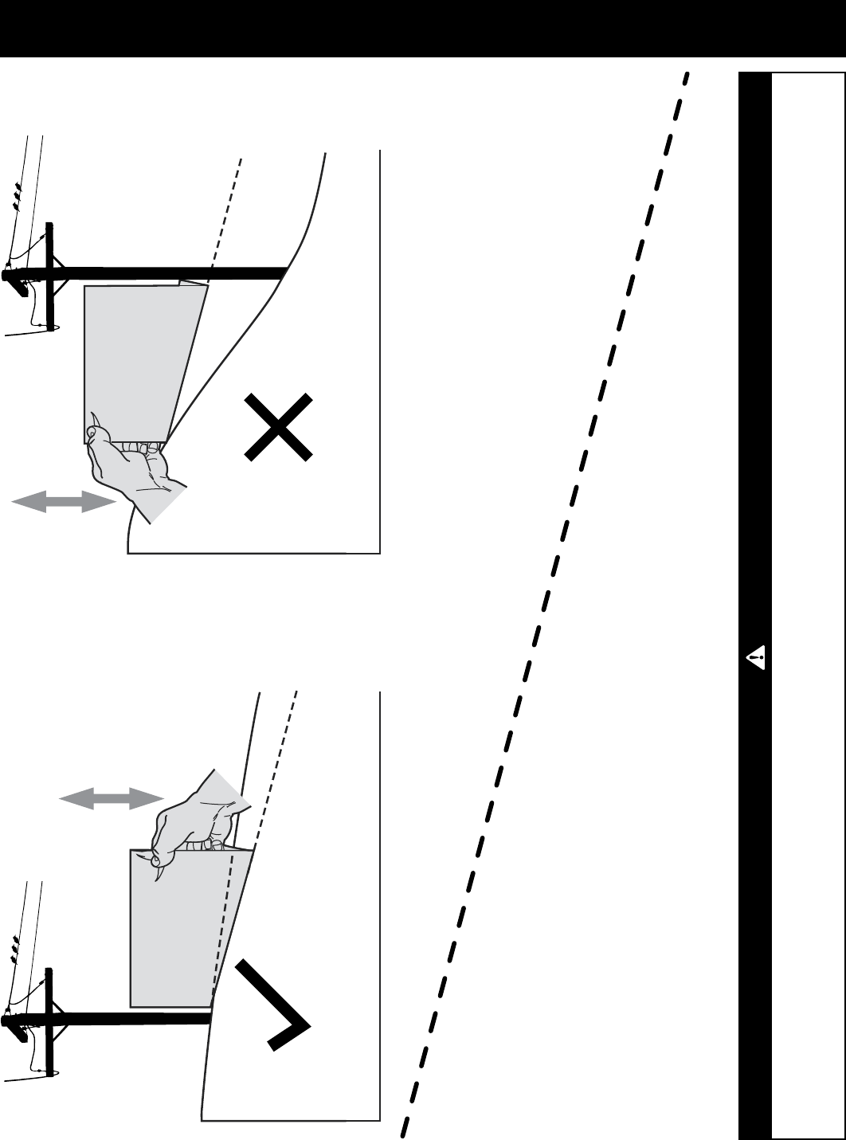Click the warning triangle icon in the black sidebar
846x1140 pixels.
click(756, 659)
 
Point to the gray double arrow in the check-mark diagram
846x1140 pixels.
click(112, 800)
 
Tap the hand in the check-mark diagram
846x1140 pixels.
click(195, 817)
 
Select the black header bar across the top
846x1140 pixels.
click(422, 28)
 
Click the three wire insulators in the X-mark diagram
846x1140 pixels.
click(17, 195)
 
